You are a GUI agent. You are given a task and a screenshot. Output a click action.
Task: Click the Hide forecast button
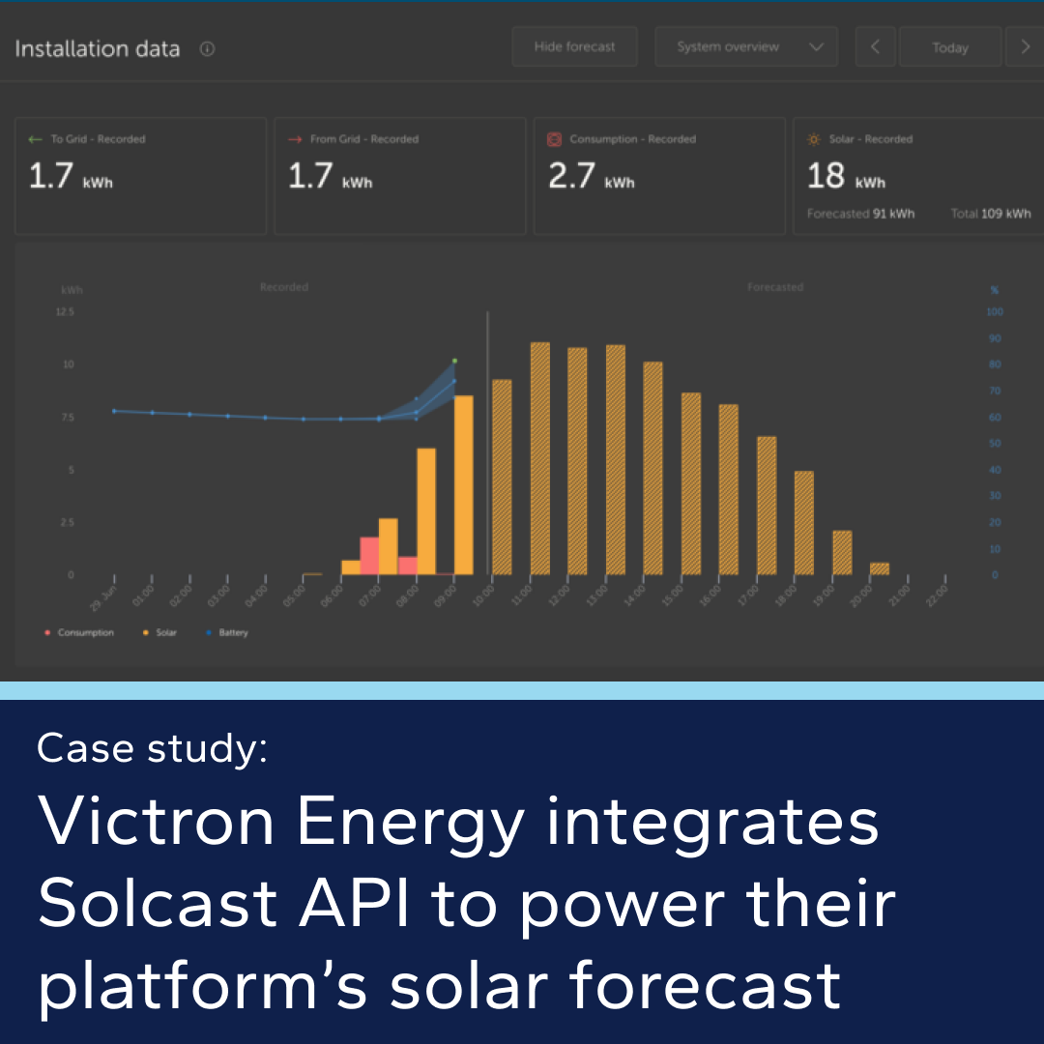pos(574,46)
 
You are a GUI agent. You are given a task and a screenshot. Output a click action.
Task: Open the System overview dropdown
pos(744,46)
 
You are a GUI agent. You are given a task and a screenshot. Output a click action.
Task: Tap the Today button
pos(949,47)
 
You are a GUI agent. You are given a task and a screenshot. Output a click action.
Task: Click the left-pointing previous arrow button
pos(876,46)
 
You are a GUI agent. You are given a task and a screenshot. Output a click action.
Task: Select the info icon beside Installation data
pos(207,49)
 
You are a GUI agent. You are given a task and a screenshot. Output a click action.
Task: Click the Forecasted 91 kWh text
pos(860,214)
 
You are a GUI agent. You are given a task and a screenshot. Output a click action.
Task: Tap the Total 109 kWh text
pos(991,214)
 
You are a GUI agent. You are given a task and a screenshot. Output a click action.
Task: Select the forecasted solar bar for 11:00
pos(540,459)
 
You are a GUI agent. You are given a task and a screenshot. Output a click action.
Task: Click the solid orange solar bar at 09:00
pos(464,485)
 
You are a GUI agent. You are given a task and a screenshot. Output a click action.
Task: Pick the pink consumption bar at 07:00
pos(369,556)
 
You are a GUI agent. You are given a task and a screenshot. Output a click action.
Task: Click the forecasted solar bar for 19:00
pos(842,552)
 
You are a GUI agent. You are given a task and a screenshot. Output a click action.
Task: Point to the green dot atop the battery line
pos(454,361)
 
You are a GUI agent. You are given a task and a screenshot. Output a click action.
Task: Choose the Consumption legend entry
pos(85,633)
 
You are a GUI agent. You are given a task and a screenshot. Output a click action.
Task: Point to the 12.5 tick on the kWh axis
pos(65,312)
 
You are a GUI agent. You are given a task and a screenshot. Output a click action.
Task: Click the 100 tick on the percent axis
pos(995,312)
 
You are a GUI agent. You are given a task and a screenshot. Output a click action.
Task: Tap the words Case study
pos(152,748)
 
